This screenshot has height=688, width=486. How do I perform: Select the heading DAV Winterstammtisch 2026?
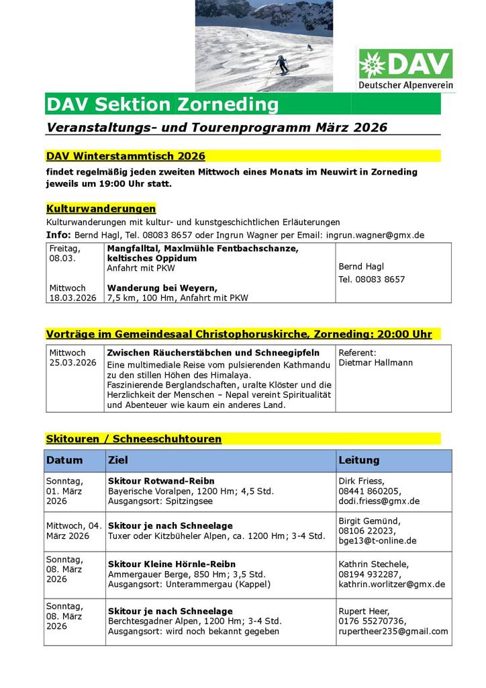click(126, 156)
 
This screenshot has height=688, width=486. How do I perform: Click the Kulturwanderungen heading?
click(101, 209)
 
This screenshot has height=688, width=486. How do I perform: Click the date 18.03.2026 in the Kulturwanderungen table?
click(72, 298)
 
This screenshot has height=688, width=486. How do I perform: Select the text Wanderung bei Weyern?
click(162, 288)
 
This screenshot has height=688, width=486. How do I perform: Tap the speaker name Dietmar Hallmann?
click(376, 363)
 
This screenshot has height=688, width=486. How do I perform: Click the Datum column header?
click(64, 460)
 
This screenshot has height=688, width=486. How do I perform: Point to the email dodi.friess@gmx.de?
click(379, 501)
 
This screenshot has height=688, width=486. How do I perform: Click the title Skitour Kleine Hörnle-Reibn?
click(172, 564)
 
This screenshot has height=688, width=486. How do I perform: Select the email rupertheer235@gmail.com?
click(393, 631)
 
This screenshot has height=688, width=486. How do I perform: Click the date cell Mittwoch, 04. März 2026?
click(74, 530)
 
